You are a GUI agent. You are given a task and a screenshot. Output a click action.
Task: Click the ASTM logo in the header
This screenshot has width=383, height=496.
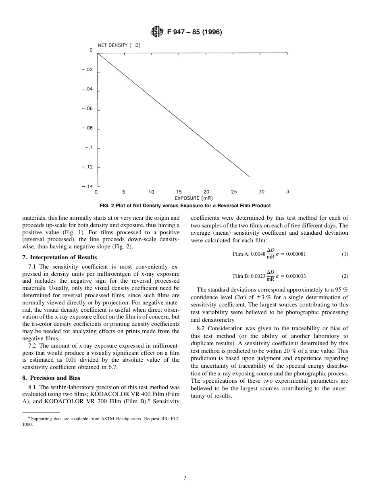[157, 31]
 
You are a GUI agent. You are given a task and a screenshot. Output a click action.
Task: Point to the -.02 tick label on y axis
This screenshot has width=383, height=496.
[87, 70]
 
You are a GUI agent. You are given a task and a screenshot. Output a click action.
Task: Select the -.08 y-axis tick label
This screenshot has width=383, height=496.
[87, 128]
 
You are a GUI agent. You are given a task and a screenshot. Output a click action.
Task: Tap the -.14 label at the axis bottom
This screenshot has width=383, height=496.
[87, 187]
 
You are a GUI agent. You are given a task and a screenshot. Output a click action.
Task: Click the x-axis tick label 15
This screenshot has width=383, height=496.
[179, 192]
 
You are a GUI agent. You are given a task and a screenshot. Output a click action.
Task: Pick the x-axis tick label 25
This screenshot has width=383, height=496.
[234, 192]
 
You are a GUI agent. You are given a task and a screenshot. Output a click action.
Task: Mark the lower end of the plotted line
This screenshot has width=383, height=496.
[249, 176]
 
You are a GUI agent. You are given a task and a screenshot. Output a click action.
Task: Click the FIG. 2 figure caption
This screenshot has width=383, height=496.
[185, 206]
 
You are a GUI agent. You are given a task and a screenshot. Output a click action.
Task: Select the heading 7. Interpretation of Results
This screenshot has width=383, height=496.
[59, 257]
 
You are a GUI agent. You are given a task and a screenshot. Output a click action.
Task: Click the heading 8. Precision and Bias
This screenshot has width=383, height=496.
[51, 378]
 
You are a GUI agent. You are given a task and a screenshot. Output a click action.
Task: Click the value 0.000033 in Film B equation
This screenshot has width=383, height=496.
[296, 276]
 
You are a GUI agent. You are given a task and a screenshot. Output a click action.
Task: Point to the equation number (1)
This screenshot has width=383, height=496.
[345, 254]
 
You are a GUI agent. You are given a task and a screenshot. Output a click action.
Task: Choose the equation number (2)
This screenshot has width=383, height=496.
[345, 276]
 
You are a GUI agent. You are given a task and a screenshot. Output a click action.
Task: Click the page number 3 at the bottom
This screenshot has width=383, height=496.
[185, 478]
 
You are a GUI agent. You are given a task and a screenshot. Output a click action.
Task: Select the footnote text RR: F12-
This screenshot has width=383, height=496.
[171, 419]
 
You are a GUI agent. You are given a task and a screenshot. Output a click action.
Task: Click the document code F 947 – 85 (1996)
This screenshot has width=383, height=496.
[194, 32]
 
